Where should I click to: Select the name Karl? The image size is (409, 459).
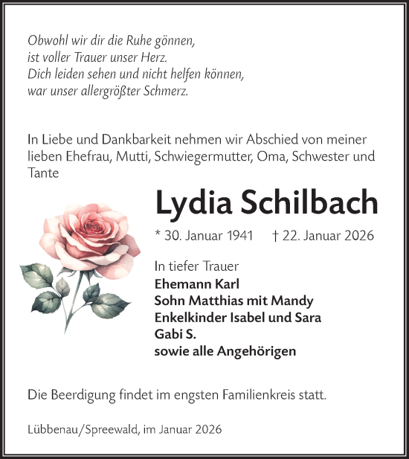coord(226,283)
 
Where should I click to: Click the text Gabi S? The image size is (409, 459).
coord(172,334)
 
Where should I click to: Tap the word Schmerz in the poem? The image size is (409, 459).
coord(168,92)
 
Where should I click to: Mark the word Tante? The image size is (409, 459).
coord(43,173)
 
